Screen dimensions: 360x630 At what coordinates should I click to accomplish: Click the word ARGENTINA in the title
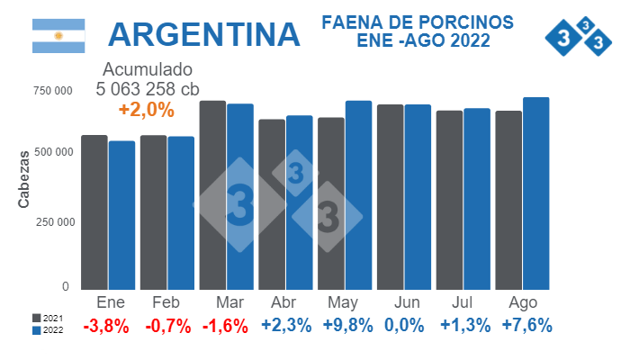pyautogui.click(x=203, y=34)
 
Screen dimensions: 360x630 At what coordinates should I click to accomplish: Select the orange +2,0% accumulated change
pyautogui.click(x=147, y=109)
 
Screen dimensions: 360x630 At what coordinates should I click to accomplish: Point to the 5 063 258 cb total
pyautogui.click(x=148, y=88)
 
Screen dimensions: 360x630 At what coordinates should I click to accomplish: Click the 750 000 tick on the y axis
pyautogui.click(x=53, y=90)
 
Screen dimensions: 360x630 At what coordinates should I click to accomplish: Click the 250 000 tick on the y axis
pyautogui.click(x=53, y=221)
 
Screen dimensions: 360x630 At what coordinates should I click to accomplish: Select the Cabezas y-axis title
pyautogui.click(x=24, y=180)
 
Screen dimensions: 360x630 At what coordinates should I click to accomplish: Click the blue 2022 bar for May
pyautogui.click(x=358, y=194)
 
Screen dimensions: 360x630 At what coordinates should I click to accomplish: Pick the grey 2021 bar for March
pyautogui.click(x=212, y=194)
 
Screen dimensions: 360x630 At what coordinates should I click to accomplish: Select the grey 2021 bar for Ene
pyautogui.click(x=94, y=211)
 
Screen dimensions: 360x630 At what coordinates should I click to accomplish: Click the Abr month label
pyautogui.click(x=285, y=302)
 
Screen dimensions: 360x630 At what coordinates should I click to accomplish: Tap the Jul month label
pyautogui.click(x=463, y=302)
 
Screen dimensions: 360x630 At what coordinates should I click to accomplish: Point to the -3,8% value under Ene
pyautogui.click(x=105, y=326)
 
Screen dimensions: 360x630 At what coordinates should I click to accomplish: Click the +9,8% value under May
pyautogui.click(x=345, y=326)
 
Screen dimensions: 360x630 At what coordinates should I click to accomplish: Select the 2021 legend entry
pyautogui.click(x=48, y=319)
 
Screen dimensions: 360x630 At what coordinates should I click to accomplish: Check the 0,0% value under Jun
pyautogui.click(x=404, y=326)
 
